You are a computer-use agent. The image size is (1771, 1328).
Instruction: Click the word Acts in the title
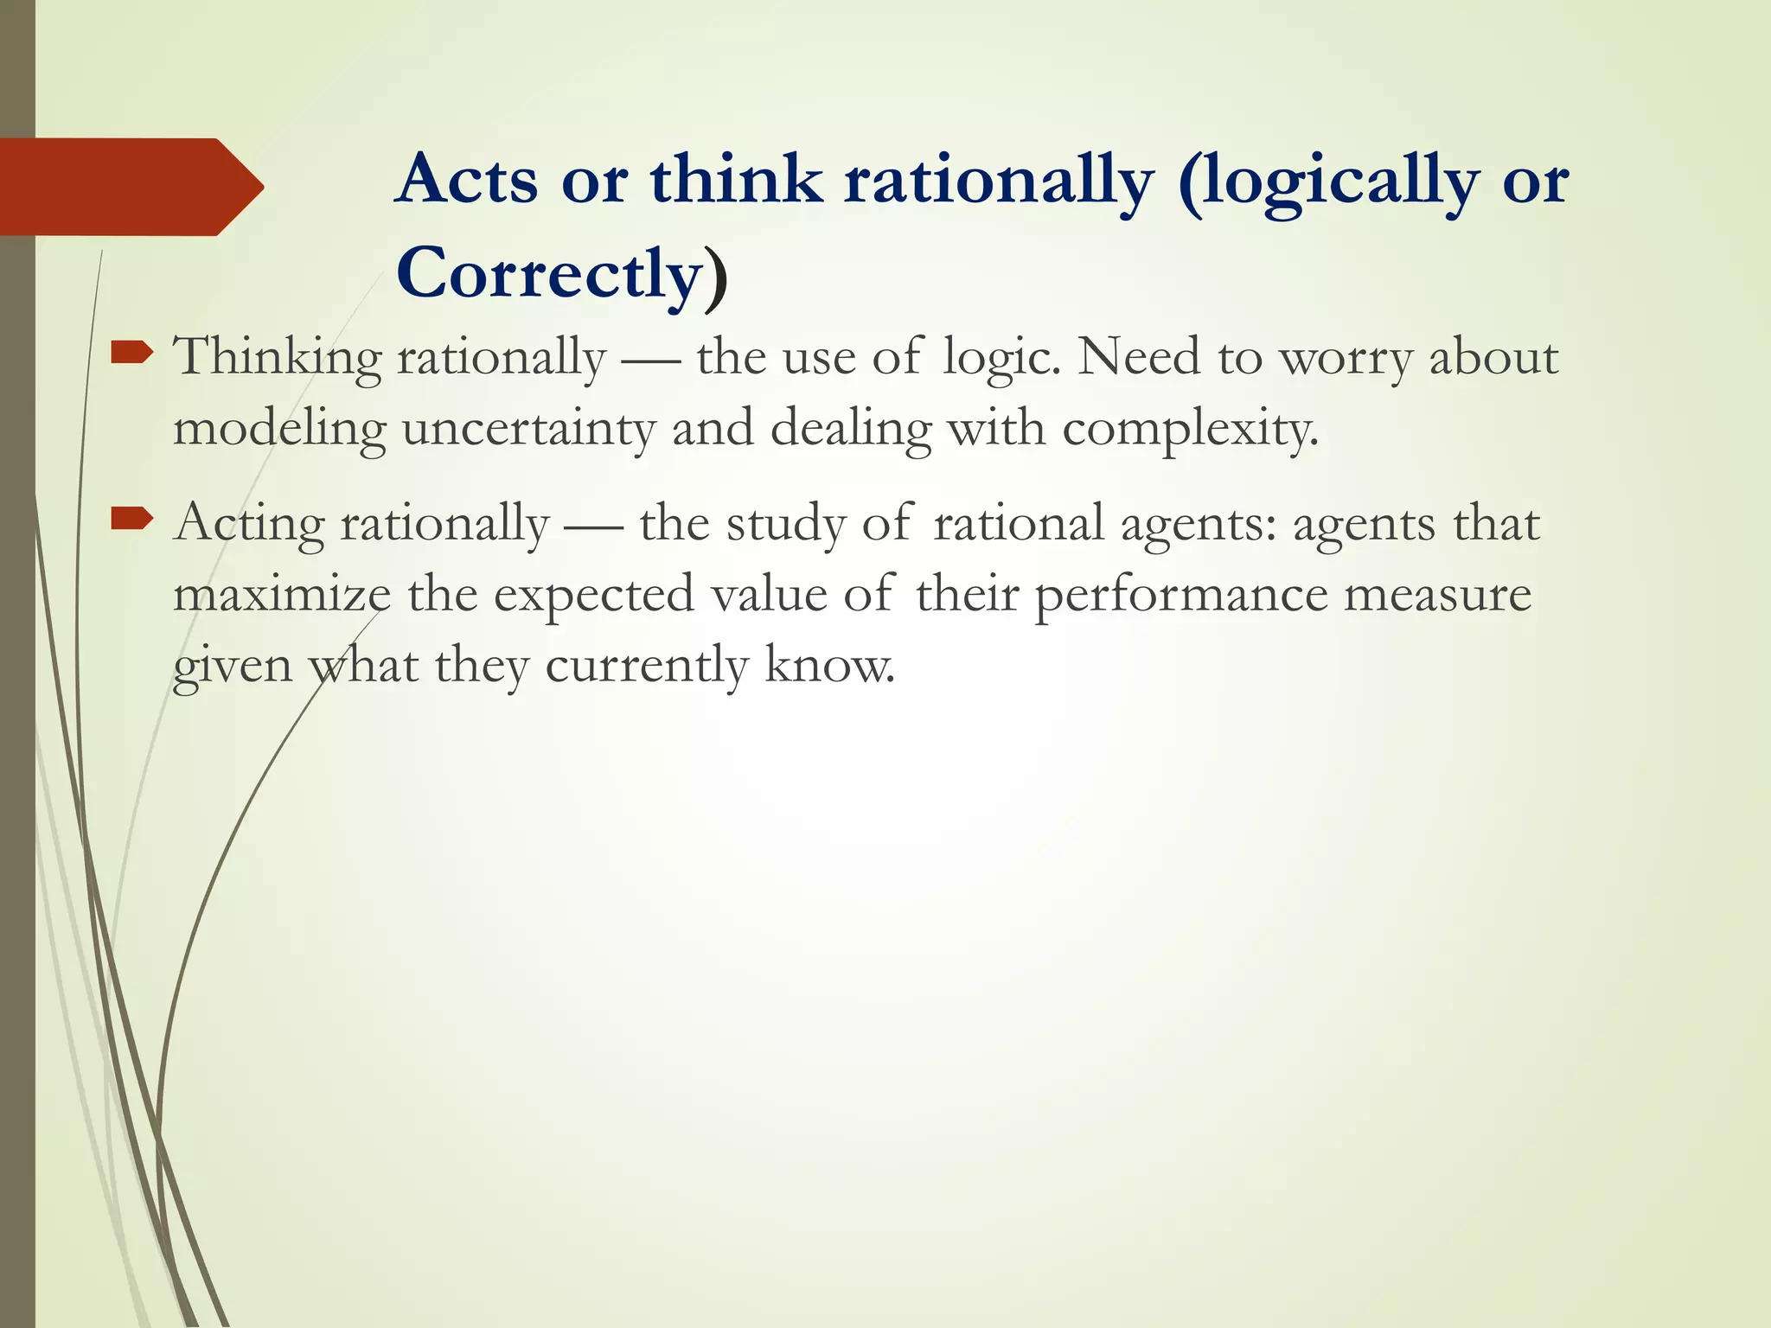click(x=468, y=180)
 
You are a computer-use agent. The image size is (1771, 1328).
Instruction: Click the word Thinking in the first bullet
click(x=277, y=358)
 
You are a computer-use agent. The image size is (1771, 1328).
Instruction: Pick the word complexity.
click(x=1191, y=429)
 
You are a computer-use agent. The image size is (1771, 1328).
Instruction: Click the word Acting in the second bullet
click(x=248, y=524)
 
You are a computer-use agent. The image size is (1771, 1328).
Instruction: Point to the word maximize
click(x=282, y=595)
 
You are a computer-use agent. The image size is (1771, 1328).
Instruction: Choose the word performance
click(x=1180, y=595)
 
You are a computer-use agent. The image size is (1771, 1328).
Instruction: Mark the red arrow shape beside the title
click(x=130, y=187)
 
